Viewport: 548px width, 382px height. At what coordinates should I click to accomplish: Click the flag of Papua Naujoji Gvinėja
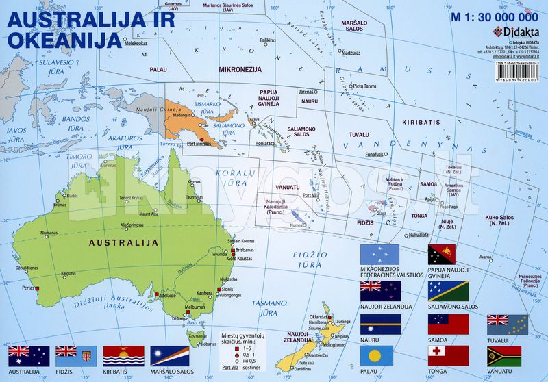[x=448, y=255]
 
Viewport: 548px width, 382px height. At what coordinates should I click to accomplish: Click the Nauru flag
[x=380, y=323]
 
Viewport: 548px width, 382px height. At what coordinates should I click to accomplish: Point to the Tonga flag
[x=448, y=355]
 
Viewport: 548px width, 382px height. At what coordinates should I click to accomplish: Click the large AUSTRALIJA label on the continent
[x=128, y=242]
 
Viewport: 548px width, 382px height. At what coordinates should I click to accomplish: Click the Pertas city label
[x=28, y=288]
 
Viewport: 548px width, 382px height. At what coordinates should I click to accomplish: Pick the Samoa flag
[x=448, y=323]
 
